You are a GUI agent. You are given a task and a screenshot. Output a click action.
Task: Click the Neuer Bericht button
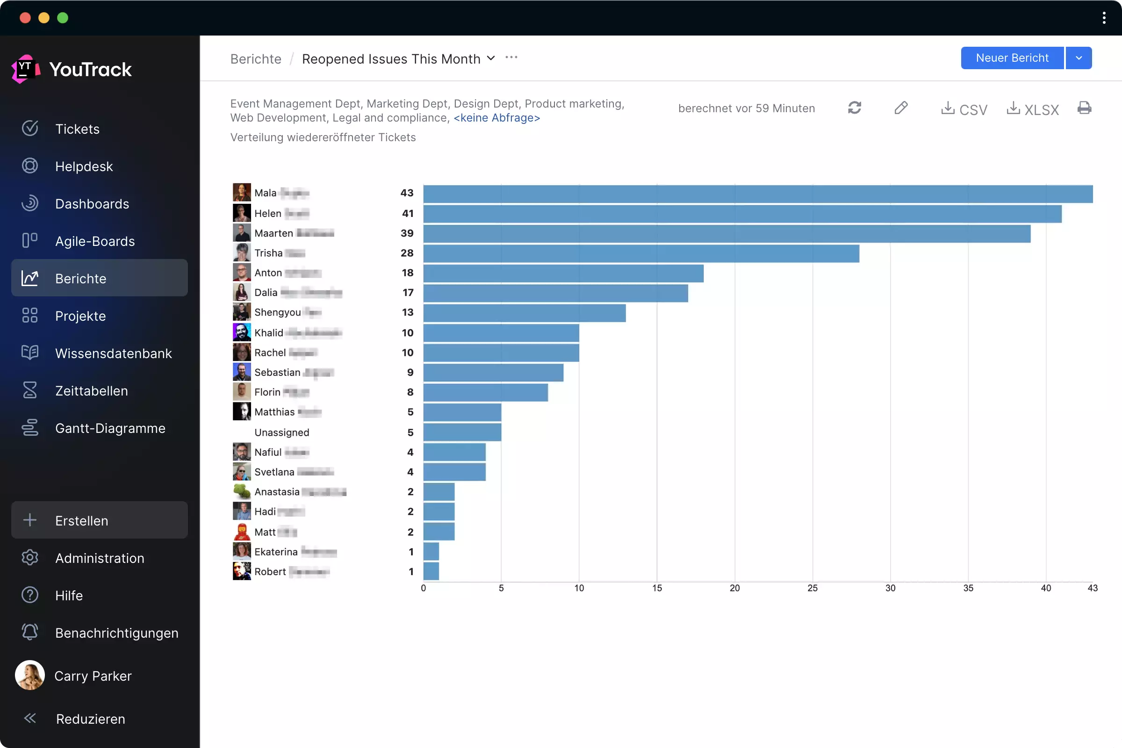1012,58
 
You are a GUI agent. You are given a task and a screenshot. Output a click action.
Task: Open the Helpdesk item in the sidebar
84,166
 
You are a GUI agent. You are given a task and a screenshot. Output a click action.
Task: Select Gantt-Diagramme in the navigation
110,428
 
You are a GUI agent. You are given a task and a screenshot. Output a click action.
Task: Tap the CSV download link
964,109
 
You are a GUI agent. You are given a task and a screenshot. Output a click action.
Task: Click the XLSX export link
1033,109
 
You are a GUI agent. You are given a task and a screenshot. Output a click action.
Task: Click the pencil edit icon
901,108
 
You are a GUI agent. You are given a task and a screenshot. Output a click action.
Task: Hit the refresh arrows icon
855,108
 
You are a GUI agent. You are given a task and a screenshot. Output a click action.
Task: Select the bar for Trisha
641,254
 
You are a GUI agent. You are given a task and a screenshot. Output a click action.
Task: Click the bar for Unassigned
462,432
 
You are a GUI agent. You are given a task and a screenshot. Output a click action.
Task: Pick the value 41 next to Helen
407,214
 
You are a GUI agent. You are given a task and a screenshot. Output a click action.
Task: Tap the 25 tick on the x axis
813,588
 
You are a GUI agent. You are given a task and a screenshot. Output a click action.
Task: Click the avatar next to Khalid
242,332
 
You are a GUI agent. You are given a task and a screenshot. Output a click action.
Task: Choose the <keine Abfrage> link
496,118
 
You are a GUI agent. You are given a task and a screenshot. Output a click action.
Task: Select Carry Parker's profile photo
30,676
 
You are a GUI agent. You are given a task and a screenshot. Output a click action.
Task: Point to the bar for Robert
431,571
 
